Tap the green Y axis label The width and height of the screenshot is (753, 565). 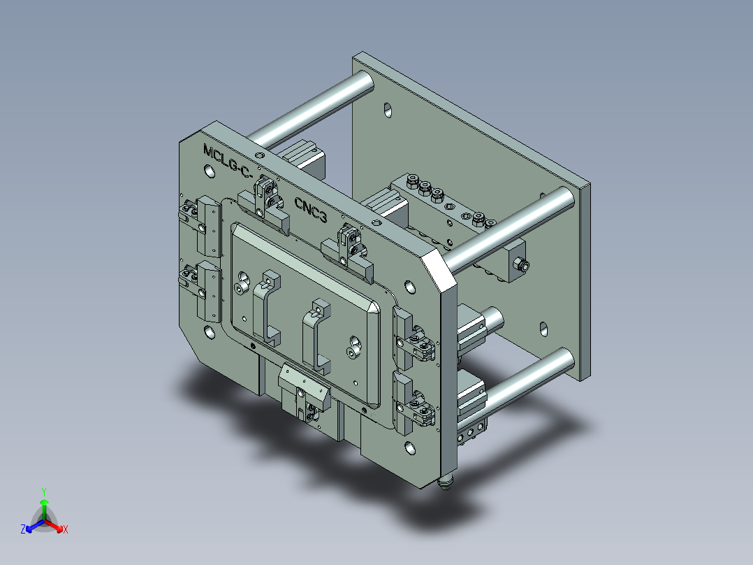pos(43,492)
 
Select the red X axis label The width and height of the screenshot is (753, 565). pos(66,530)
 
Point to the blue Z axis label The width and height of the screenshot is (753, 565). pos(22,530)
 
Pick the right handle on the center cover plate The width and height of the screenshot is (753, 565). pos(315,334)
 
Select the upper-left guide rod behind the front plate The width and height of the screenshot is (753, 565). pos(314,105)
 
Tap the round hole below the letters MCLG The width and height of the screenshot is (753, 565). pos(209,171)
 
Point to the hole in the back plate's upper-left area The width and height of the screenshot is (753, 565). pos(387,110)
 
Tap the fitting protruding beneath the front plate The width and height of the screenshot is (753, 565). pos(446,482)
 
